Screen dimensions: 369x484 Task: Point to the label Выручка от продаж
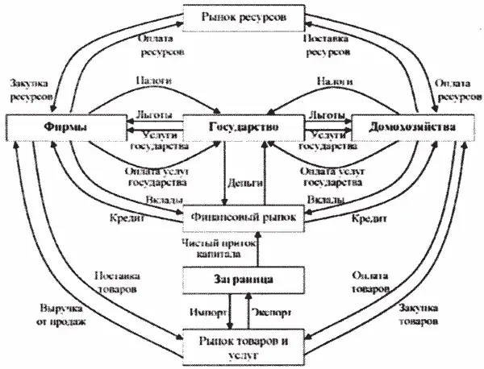click(x=61, y=314)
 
